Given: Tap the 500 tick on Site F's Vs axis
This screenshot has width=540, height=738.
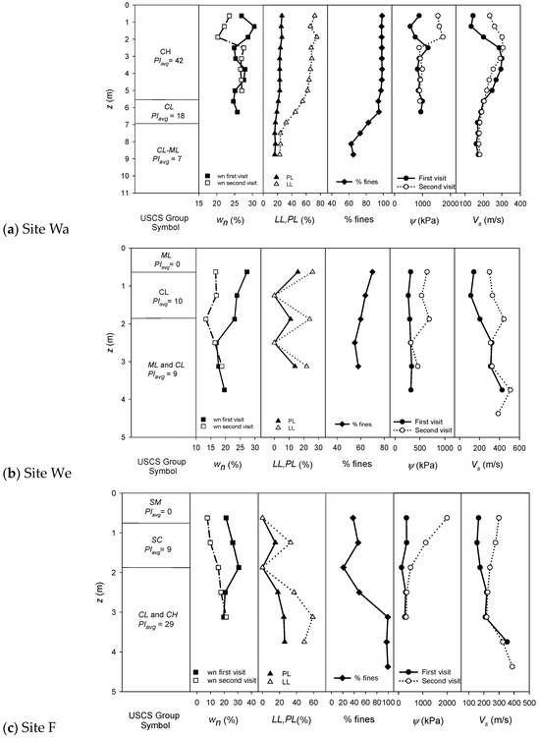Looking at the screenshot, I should coord(531,704).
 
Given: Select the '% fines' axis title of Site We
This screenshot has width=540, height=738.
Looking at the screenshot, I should coord(357,465).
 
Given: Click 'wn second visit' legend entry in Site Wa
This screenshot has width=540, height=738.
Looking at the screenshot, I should coord(235,184).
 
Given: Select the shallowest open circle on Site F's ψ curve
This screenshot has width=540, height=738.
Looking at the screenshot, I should coord(447,518).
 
